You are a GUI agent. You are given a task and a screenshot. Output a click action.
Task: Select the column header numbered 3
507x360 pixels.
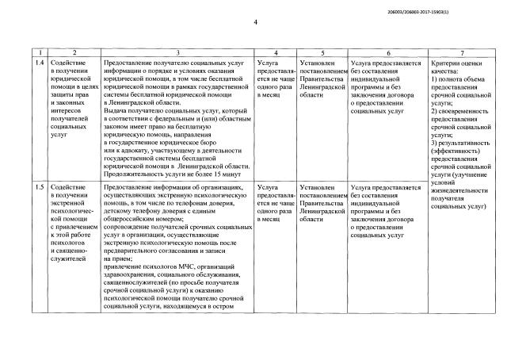tap(175, 51)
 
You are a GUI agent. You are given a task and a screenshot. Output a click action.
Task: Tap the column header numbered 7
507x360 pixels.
tap(461, 51)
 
